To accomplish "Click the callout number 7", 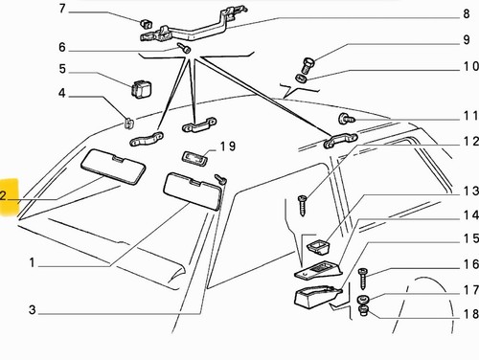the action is click(62, 9).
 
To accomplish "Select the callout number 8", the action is click(467, 13).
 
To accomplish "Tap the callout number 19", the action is click(228, 146).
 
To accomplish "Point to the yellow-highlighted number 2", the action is click(3, 195).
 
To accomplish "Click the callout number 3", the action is click(32, 309).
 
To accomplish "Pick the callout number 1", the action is click(32, 262).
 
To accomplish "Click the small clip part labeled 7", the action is click(146, 23).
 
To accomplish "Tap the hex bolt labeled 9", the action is click(308, 65).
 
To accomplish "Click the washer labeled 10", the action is click(301, 79).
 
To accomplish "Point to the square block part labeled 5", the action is click(141, 87).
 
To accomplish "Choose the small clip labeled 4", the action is click(128, 123).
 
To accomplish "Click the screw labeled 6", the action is click(184, 48).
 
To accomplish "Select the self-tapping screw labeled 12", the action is click(302, 206).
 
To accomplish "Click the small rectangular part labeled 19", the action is click(194, 157).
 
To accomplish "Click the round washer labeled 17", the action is click(363, 300).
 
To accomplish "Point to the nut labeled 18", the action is click(364, 310).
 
